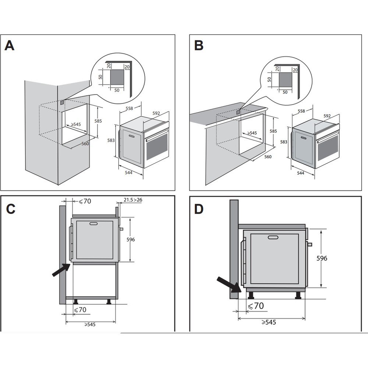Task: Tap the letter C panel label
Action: click(11, 208)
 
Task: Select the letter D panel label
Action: click(199, 209)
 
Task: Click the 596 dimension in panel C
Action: click(130, 240)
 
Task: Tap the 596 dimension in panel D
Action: click(322, 258)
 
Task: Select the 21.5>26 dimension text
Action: click(132, 200)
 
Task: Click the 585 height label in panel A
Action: click(98, 121)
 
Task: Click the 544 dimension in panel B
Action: click(300, 173)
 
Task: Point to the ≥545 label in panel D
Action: click(269, 322)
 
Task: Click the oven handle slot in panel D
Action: click(273, 237)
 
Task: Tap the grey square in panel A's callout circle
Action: click(118, 78)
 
